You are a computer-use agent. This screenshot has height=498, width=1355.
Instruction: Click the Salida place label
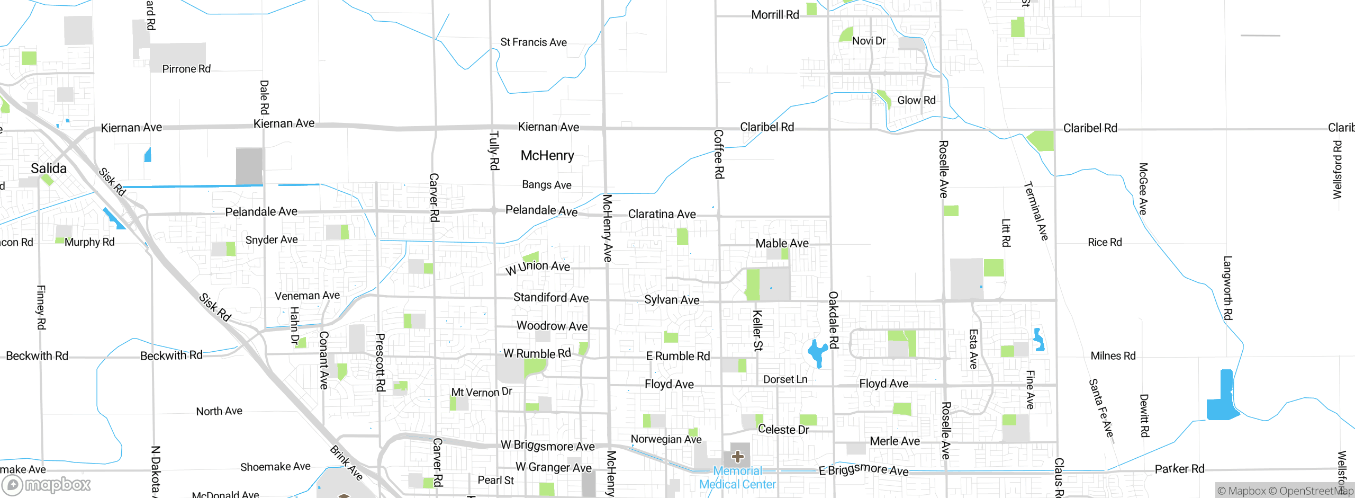[x=49, y=168]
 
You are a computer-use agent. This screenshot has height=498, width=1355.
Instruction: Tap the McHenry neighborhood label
[x=547, y=155]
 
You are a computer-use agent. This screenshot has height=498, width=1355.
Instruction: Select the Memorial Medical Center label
[x=737, y=477]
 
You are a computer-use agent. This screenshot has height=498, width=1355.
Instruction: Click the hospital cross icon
[x=738, y=456]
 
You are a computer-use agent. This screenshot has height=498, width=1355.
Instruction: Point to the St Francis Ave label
[x=534, y=42]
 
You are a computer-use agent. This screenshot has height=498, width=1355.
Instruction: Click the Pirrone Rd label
[x=186, y=69]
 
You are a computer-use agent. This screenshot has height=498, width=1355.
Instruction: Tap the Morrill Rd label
[x=775, y=15]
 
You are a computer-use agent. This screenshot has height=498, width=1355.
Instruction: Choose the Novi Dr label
[x=869, y=41]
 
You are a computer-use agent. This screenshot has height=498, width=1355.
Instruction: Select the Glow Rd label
[x=916, y=100]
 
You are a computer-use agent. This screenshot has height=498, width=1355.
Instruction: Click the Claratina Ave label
[x=662, y=214]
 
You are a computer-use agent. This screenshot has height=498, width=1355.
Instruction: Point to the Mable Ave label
[x=782, y=243]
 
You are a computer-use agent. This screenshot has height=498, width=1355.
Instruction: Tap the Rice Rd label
[x=1105, y=242]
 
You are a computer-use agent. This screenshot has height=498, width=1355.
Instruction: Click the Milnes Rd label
[x=1113, y=356]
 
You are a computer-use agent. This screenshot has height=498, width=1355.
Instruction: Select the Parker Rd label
[x=1179, y=469]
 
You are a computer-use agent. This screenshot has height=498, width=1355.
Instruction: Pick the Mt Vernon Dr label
[x=481, y=392]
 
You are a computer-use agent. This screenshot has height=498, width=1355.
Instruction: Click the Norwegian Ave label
[x=666, y=439]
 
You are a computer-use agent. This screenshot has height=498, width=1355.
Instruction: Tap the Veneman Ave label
[x=307, y=296]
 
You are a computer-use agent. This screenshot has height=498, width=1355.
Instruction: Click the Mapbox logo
[x=47, y=485]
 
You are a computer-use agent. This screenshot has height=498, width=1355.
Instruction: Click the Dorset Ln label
[x=785, y=379]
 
